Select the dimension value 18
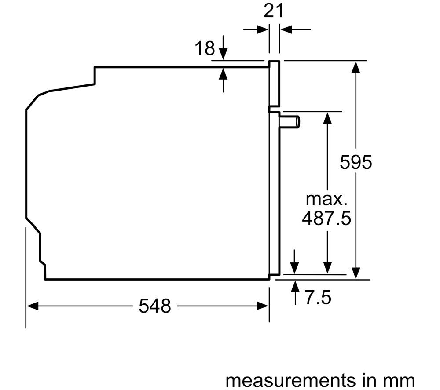(x=205, y=48)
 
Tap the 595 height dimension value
(x=356, y=162)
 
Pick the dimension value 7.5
(x=318, y=298)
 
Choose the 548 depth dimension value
(x=154, y=306)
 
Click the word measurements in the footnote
(x=290, y=380)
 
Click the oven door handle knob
(x=290, y=122)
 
